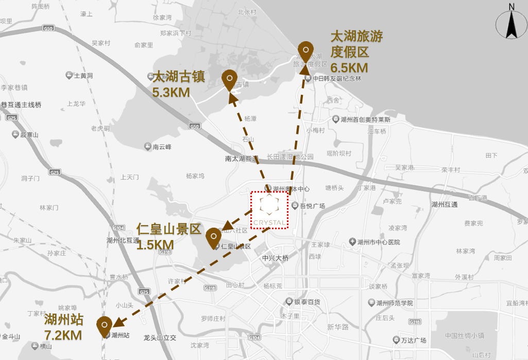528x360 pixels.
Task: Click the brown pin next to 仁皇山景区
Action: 213,237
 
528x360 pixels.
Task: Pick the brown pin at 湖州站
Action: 105,326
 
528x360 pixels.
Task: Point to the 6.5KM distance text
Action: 349,68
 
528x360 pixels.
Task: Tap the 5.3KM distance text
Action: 172,93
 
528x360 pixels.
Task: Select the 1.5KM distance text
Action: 155,245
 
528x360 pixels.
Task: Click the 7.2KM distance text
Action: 63,335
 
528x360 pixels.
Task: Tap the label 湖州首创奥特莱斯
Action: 365,119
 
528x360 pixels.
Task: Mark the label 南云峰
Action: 162,147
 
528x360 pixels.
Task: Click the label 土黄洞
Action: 83,76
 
